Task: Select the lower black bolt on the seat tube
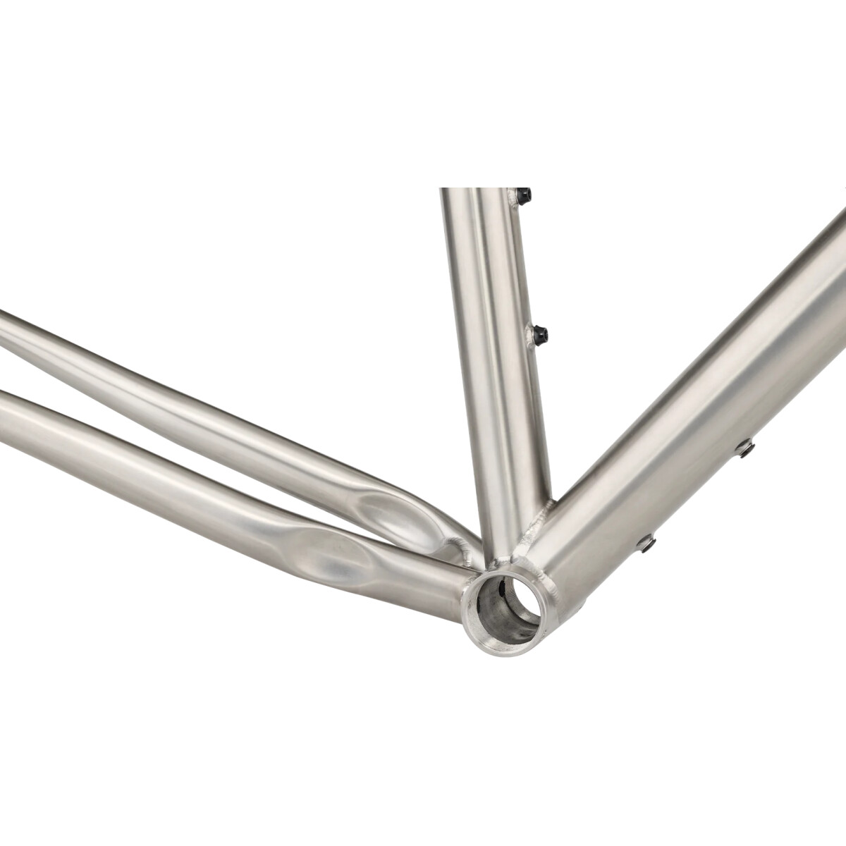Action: [539, 334]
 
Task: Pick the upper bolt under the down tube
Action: [744, 448]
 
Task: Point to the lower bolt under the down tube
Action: [646, 543]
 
